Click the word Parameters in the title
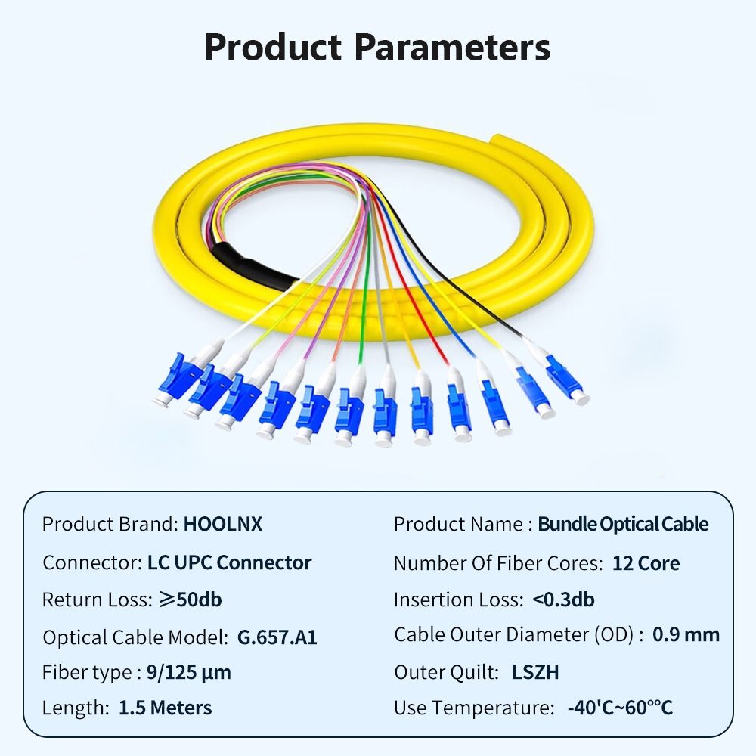click(x=452, y=47)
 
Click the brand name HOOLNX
click(x=223, y=524)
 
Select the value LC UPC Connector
click(x=230, y=562)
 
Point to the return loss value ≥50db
click(x=191, y=600)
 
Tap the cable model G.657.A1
click(x=277, y=637)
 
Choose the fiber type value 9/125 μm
click(x=189, y=673)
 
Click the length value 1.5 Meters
click(x=166, y=708)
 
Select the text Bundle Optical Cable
click(x=623, y=524)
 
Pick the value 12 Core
click(x=646, y=563)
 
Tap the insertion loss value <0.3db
click(x=563, y=600)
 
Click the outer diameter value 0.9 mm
click(x=686, y=634)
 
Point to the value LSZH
click(x=535, y=673)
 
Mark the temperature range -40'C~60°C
click(x=620, y=708)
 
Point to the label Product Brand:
click(x=110, y=524)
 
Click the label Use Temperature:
click(x=475, y=708)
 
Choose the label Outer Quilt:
click(x=447, y=673)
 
